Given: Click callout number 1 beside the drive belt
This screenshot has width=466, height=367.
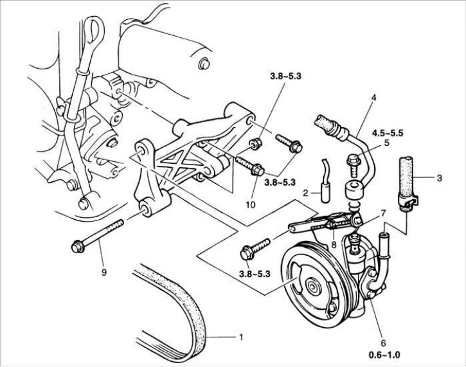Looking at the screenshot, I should tap(240, 336).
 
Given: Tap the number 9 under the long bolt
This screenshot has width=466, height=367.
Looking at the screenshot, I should tap(103, 271).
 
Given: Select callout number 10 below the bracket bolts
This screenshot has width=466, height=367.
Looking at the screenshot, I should tap(250, 204).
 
